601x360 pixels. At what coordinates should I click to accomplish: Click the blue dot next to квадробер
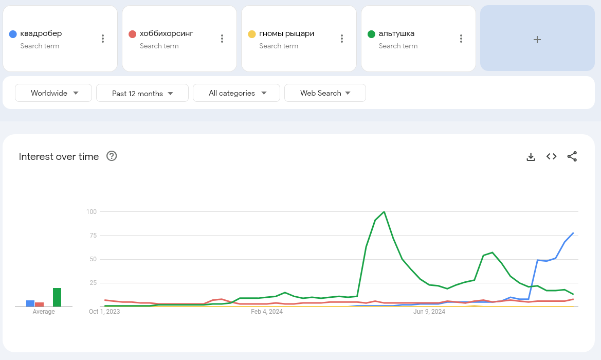[13, 34]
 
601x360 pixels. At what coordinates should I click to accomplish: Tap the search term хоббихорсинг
[166, 34]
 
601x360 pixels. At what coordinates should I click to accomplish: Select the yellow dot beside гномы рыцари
[252, 34]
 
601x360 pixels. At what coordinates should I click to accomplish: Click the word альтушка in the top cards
[396, 34]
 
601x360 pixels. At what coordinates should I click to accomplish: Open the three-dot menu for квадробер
[103, 39]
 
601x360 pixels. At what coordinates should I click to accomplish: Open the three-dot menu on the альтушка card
[461, 39]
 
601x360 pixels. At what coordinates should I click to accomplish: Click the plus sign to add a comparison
[537, 39]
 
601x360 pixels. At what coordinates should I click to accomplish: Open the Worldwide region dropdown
[53, 93]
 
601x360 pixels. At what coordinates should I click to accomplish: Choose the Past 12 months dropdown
[142, 93]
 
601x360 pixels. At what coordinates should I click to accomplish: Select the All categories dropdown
[236, 93]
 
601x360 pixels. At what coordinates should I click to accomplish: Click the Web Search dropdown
[325, 93]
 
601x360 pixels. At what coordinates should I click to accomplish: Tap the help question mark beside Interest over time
[112, 156]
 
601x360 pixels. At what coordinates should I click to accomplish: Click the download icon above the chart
[531, 156]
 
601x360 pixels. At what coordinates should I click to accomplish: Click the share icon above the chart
[572, 156]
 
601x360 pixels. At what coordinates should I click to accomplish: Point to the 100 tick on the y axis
[92, 212]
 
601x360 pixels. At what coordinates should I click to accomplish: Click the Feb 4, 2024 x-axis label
[267, 311]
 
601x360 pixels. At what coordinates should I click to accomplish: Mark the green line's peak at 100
[384, 211]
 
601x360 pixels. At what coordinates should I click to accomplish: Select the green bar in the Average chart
[57, 297]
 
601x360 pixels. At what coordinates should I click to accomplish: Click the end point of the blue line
[573, 233]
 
